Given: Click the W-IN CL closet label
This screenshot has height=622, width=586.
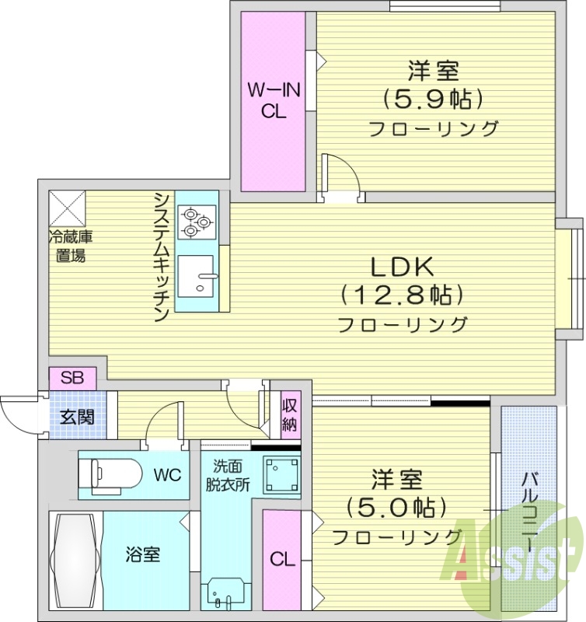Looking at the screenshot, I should pos(273,100).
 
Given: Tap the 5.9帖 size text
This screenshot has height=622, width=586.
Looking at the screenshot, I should pos(433,99).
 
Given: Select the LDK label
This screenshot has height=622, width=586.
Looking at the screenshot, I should pos(401,267).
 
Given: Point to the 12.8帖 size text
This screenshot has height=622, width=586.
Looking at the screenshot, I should pos(401,295).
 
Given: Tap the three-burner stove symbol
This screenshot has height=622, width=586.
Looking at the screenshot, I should pos(197,221).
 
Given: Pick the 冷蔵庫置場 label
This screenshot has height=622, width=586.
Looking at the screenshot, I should pos(69,246).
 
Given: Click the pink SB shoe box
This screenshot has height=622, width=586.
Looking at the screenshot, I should pos(72,379).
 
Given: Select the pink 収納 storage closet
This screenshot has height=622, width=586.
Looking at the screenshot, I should pos(290,414).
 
